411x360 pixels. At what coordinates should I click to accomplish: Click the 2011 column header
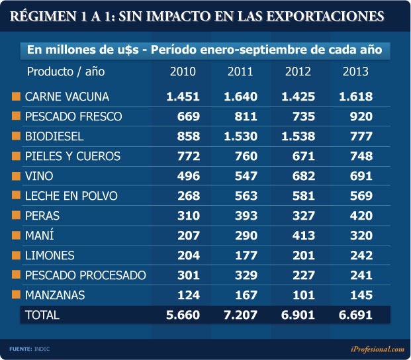pyautogui.click(x=240, y=71)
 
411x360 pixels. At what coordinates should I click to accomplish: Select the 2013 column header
pyautogui.click(x=355, y=71)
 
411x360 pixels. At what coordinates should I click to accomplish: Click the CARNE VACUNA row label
pyautogui.click(x=67, y=97)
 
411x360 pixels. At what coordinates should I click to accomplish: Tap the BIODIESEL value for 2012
pyautogui.click(x=298, y=136)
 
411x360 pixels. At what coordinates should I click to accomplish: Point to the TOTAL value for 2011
pyautogui.click(x=240, y=315)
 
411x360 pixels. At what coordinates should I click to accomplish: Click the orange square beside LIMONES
pyautogui.click(x=17, y=255)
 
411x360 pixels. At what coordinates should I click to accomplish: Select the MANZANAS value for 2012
pyautogui.click(x=302, y=295)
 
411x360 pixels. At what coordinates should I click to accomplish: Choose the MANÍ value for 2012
pyautogui.click(x=302, y=236)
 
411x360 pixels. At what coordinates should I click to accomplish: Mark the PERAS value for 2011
pyautogui.click(x=245, y=216)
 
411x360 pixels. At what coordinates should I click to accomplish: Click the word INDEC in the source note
pyautogui.click(x=42, y=349)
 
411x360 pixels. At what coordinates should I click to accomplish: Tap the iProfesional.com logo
pyautogui.click(x=377, y=349)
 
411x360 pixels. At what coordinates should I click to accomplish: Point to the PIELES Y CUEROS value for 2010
pyautogui.click(x=187, y=156)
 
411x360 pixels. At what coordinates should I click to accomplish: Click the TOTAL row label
pyautogui.click(x=42, y=315)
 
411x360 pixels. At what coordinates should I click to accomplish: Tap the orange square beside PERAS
pyautogui.click(x=17, y=216)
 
